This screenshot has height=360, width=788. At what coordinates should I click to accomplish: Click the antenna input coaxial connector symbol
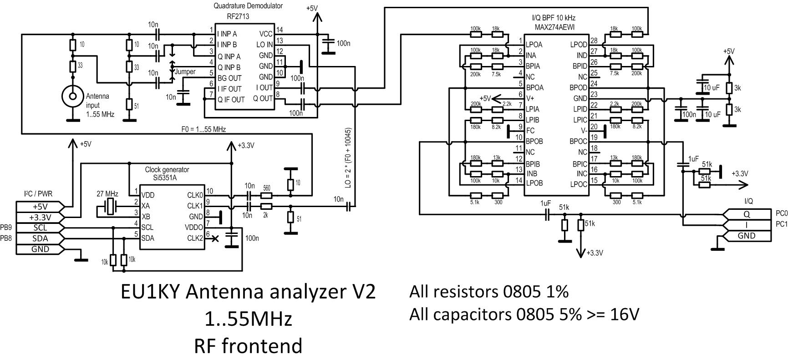click(72, 96)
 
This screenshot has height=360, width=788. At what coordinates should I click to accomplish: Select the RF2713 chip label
click(238, 16)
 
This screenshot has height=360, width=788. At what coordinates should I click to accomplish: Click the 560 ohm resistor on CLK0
click(266, 195)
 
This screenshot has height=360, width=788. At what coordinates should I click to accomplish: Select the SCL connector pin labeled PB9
click(40, 228)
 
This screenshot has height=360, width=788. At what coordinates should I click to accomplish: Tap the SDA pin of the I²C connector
click(40, 238)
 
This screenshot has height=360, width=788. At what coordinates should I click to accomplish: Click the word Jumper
click(185, 71)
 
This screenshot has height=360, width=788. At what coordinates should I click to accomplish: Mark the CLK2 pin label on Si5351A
click(195, 238)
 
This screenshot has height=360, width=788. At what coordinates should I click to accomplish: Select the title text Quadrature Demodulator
click(248, 6)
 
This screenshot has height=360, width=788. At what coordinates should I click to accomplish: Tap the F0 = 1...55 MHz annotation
click(203, 129)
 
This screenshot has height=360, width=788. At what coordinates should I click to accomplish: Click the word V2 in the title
click(360, 292)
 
